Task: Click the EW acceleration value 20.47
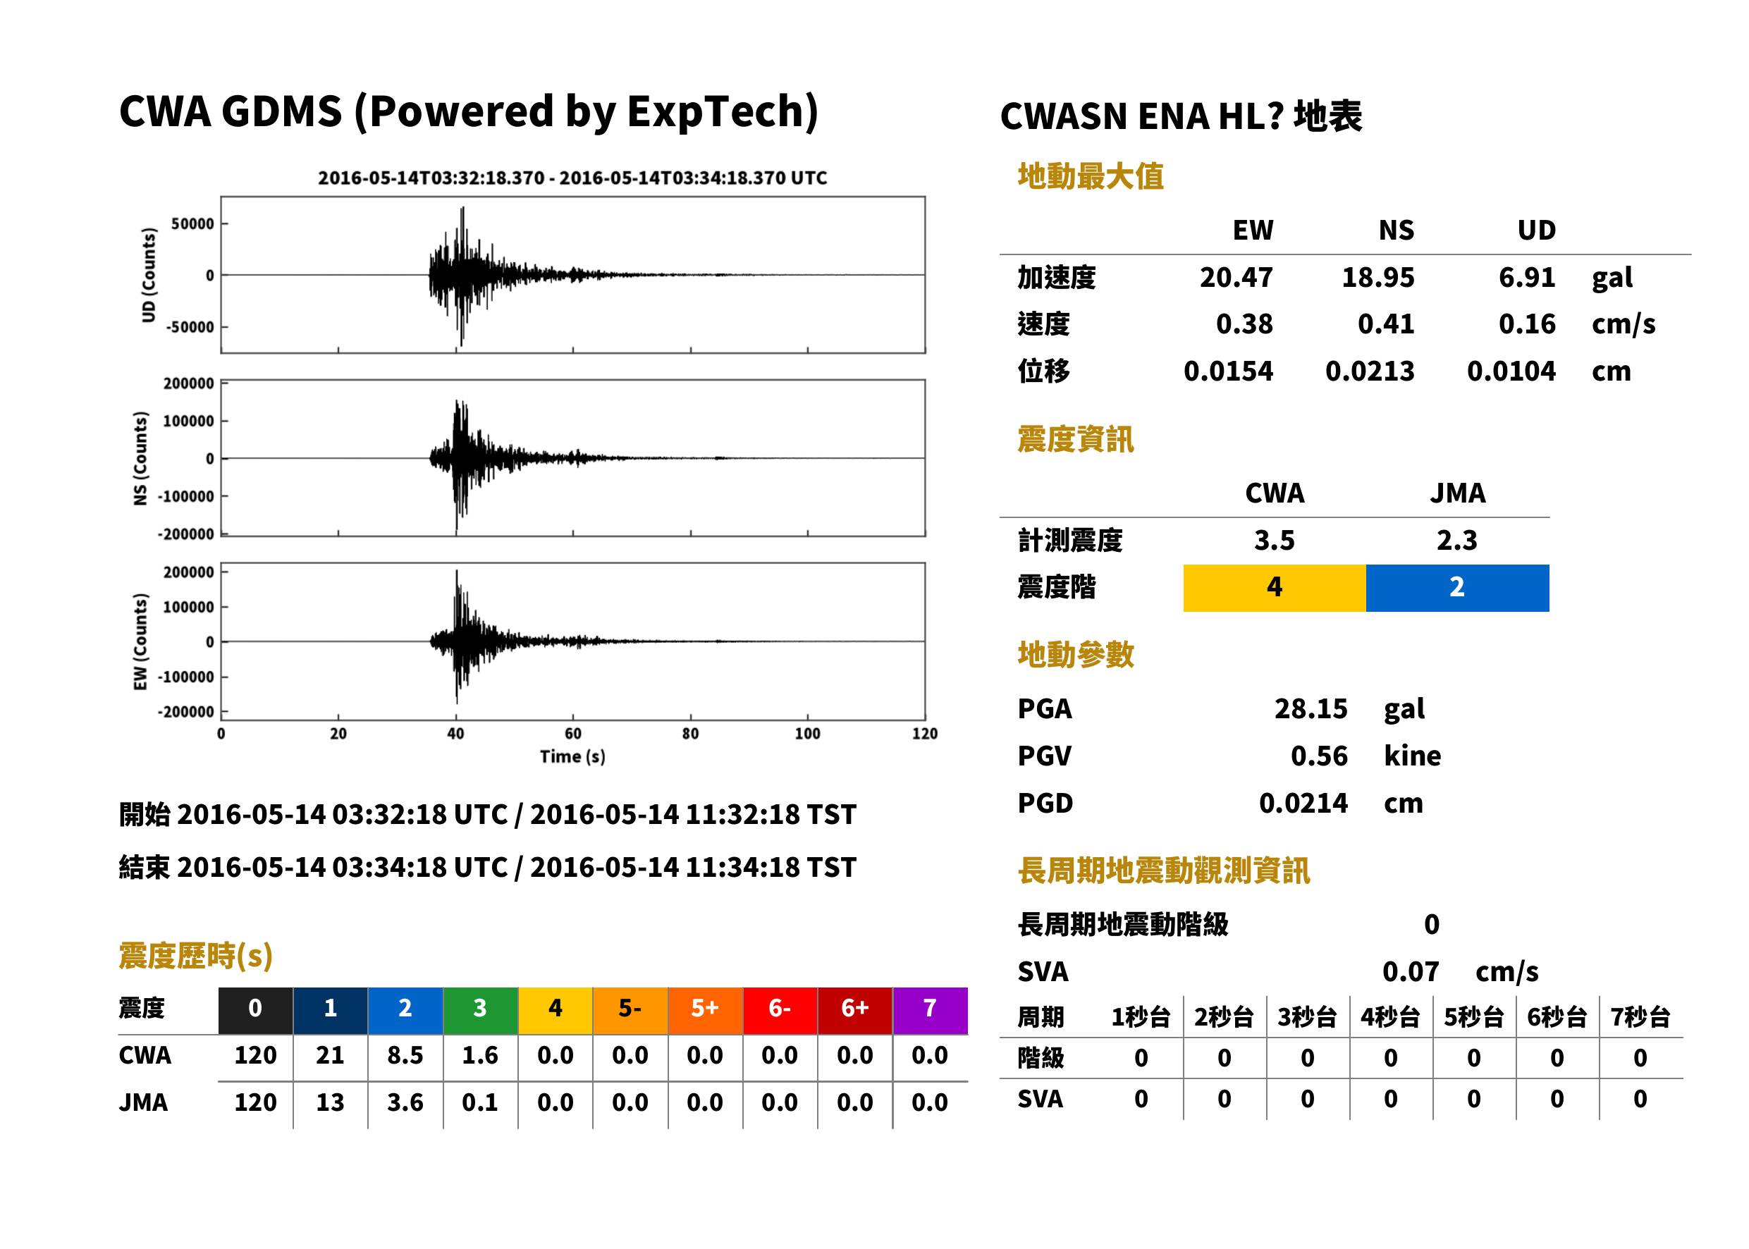click(1235, 277)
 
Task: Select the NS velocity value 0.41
click(1385, 324)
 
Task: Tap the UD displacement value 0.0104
click(1511, 371)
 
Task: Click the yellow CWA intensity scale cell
click(1275, 588)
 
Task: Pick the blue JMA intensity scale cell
click(1458, 588)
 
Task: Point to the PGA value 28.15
click(1311, 708)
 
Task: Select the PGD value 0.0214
click(1303, 803)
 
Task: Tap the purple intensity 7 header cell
click(930, 1010)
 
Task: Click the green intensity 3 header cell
click(480, 1010)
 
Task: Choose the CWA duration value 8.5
click(405, 1055)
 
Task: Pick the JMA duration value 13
click(330, 1102)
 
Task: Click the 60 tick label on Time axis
click(573, 734)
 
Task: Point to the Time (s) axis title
click(572, 757)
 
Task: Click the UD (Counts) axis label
click(149, 275)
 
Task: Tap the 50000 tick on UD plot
click(192, 224)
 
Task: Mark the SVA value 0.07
click(1411, 971)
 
